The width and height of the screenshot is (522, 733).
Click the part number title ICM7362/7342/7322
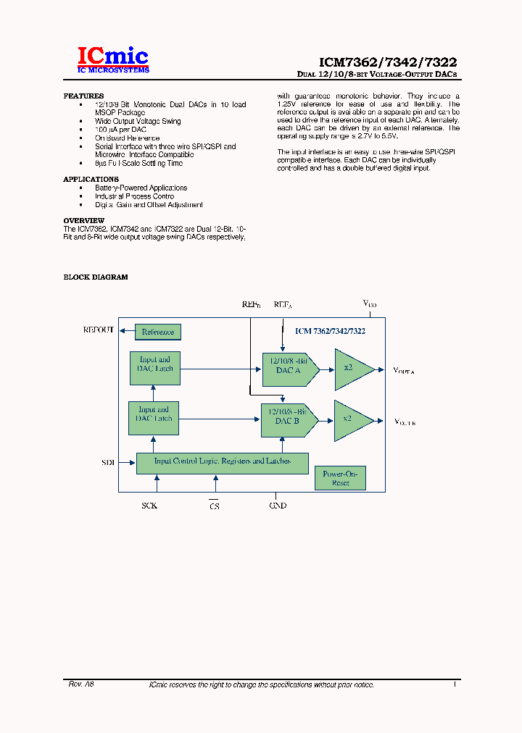point(388,63)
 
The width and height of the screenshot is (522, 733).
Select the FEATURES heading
point(83,96)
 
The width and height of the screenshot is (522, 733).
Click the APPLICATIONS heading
point(91,179)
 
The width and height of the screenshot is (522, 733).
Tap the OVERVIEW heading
point(84,220)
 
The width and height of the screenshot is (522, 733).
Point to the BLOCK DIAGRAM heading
point(96,277)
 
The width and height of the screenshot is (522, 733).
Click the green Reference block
point(157,332)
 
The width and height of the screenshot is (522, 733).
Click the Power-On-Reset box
point(340,479)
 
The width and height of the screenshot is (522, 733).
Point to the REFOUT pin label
point(99,330)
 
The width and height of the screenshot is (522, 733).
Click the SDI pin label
point(108,461)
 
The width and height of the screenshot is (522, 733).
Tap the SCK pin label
point(149,505)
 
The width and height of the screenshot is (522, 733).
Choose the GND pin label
point(278,505)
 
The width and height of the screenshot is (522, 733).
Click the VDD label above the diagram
point(369,305)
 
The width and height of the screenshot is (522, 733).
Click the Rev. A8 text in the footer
point(81,684)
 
